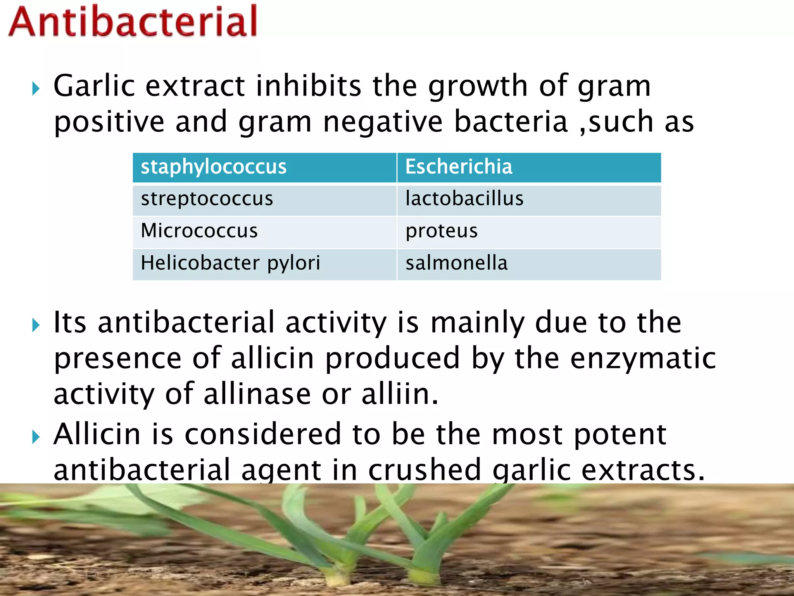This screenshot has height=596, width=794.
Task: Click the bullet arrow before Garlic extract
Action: [x=36, y=89]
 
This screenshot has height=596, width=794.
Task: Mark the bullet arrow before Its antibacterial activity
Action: [x=36, y=325]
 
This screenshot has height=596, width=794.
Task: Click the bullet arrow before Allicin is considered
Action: [x=36, y=437]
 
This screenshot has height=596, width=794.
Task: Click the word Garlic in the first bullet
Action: [x=94, y=86]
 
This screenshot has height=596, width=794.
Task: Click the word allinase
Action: [x=257, y=394]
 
